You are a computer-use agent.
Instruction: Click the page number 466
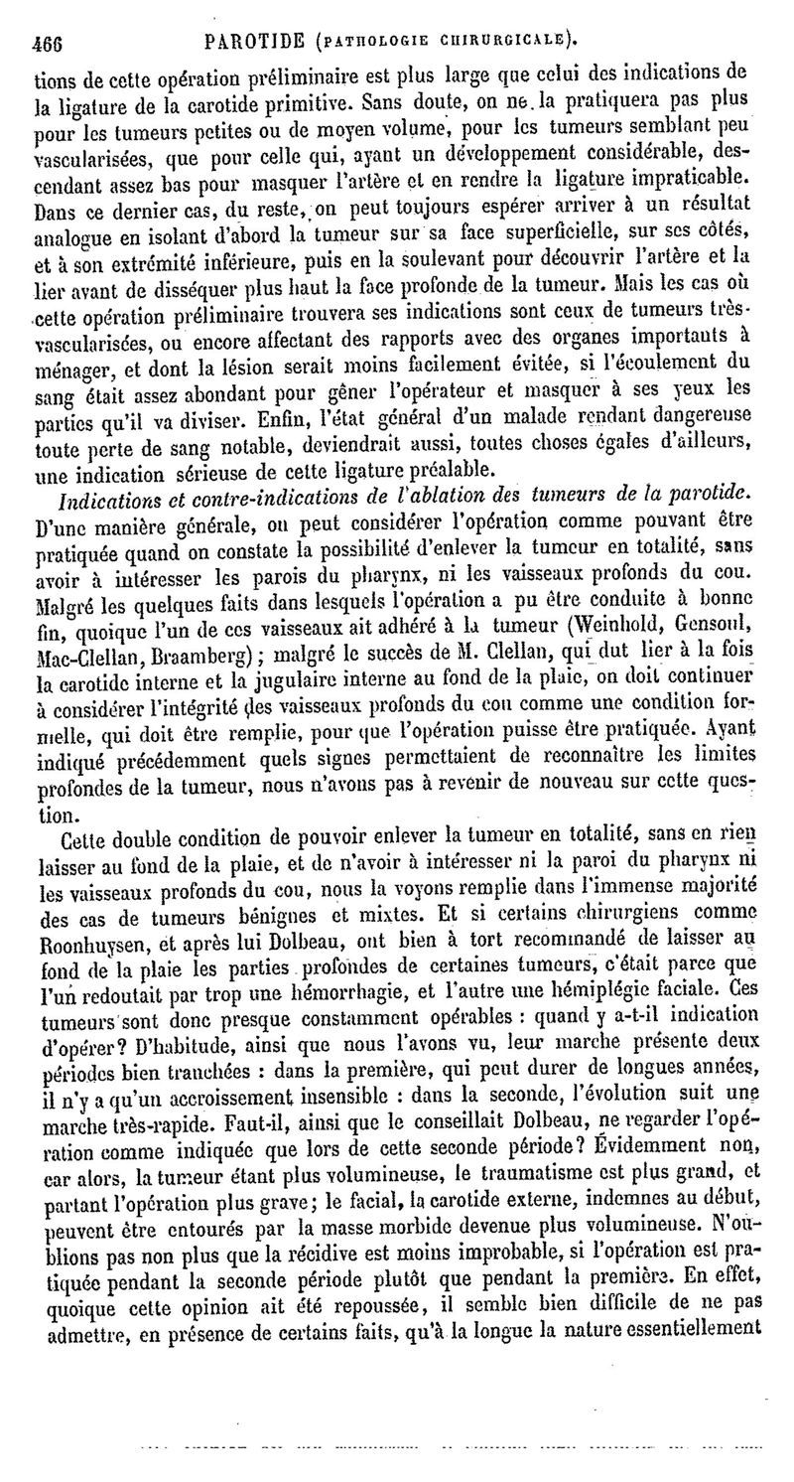tap(48, 42)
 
